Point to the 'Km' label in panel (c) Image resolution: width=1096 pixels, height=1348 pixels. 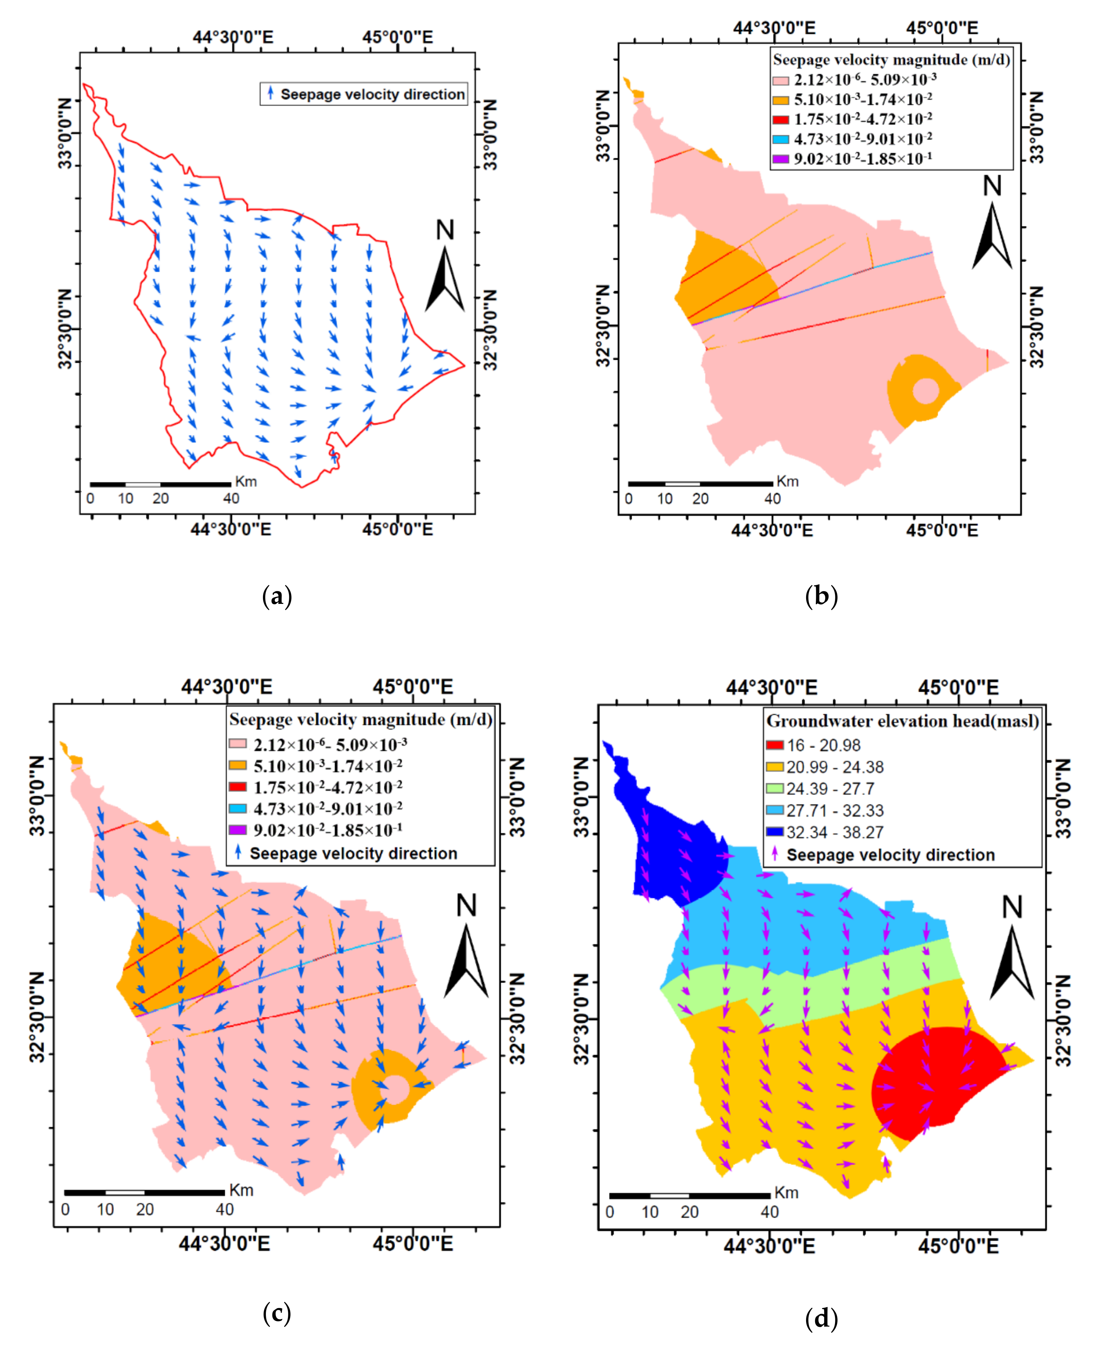coord(241,1190)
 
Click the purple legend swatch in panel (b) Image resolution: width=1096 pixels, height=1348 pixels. coord(781,158)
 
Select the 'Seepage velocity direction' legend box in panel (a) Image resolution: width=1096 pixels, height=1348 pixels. coord(364,94)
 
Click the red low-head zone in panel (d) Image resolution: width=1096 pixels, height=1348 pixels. coord(934,1080)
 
